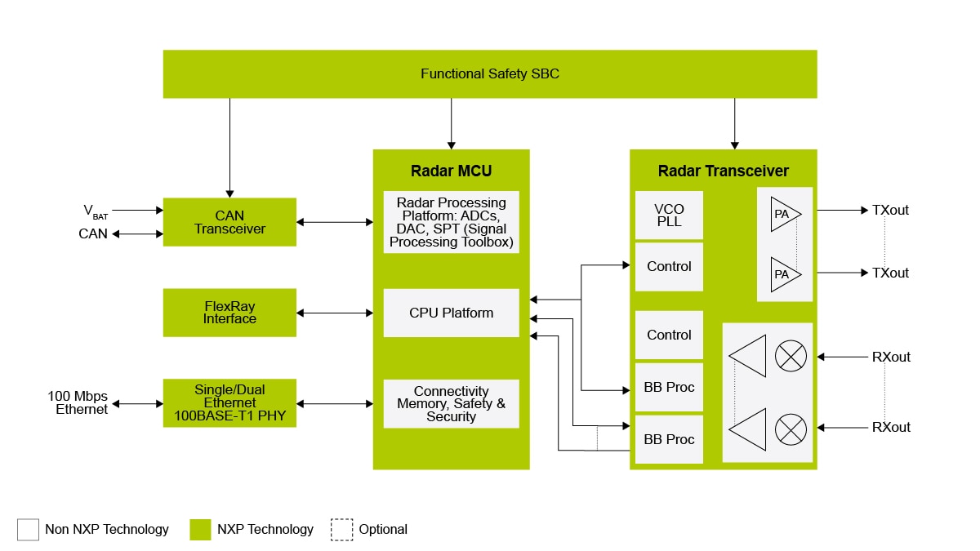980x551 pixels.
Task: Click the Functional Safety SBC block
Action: pos(490,73)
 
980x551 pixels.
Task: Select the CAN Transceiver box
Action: pos(229,222)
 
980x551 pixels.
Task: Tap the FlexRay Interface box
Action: pos(229,313)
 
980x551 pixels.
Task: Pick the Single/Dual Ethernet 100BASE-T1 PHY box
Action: pos(229,403)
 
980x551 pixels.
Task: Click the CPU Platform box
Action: pos(451,313)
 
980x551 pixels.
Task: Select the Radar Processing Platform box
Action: pos(451,222)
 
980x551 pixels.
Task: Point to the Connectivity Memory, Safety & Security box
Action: pos(451,403)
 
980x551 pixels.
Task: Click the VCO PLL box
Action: pos(669,216)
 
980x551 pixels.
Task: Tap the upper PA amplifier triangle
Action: pos(785,214)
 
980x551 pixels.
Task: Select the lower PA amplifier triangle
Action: pos(785,274)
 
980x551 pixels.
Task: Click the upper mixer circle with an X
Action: pos(790,355)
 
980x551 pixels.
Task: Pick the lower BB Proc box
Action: pos(669,439)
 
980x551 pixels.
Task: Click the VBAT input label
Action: pos(95,211)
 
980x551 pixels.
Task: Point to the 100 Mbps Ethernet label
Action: pos(78,403)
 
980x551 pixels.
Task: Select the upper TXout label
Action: pos(890,210)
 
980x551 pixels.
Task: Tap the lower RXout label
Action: pos(890,427)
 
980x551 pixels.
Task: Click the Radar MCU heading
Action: pos(451,171)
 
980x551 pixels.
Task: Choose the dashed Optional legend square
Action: pos(341,530)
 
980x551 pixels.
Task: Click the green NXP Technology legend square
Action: pos(200,530)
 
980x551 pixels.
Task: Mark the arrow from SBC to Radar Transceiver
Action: pos(734,122)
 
